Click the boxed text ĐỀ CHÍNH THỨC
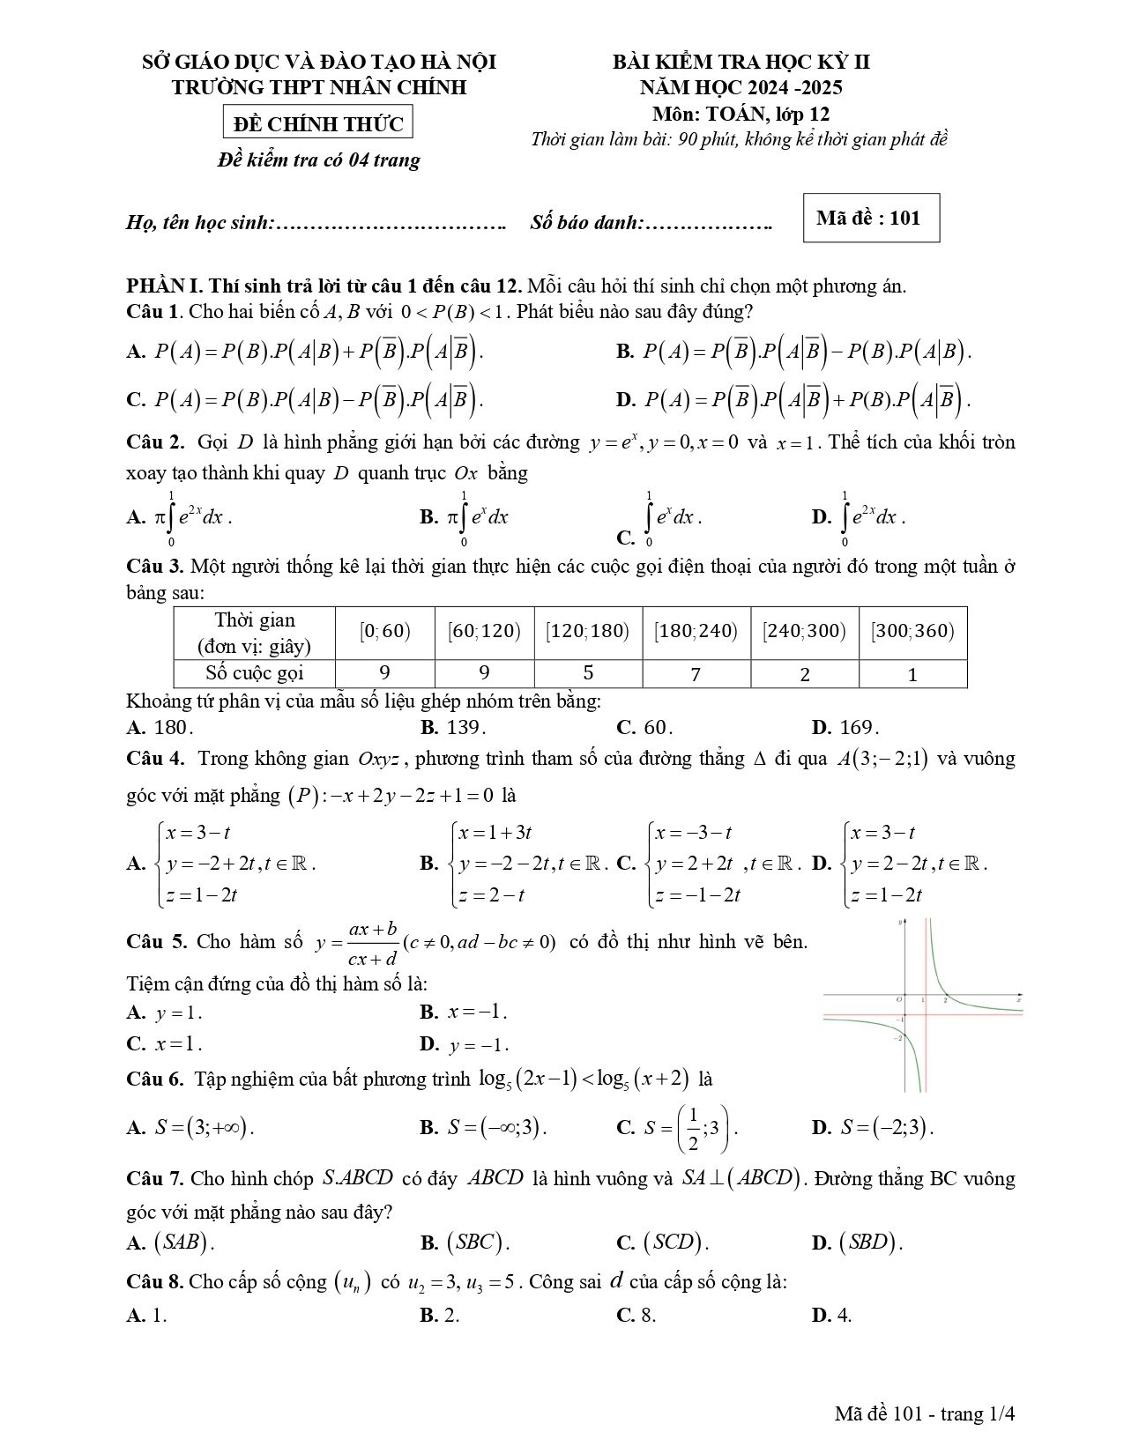(x=318, y=124)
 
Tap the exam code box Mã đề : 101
(x=871, y=218)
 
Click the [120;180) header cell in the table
(x=588, y=631)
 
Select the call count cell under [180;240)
(x=696, y=674)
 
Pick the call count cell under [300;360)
(x=912, y=674)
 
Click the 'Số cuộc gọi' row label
(x=255, y=673)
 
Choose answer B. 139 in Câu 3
(x=453, y=728)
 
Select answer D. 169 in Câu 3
(x=845, y=728)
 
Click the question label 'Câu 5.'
(x=156, y=941)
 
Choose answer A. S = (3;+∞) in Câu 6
(x=190, y=1127)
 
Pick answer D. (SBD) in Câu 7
(x=857, y=1243)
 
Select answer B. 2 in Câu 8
(x=440, y=1316)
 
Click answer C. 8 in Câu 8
(x=636, y=1316)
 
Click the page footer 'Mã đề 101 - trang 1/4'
(x=926, y=1414)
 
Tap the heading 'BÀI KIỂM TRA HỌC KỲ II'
(x=741, y=62)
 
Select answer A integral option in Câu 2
(x=180, y=517)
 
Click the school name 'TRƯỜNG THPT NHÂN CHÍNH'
(x=319, y=87)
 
